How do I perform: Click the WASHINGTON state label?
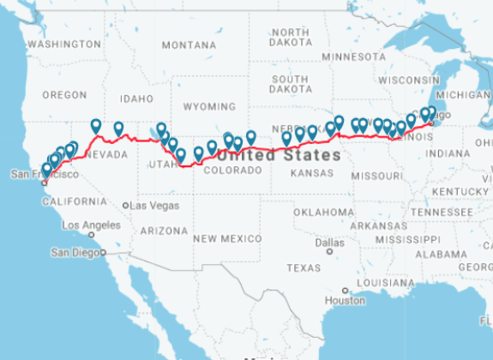(x=64, y=44)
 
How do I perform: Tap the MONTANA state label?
(x=189, y=45)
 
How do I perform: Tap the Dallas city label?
(x=328, y=243)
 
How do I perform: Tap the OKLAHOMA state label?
(x=323, y=212)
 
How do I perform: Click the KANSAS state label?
(x=311, y=172)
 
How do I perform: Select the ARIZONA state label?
(x=163, y=231)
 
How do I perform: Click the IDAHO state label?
(x=135, y=98)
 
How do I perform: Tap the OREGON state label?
(x=64, y=94)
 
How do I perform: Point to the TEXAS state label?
(x=303, y=267)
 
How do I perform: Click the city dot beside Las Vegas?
(x=126, y=206)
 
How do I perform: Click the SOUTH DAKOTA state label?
(x=290, y=84)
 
